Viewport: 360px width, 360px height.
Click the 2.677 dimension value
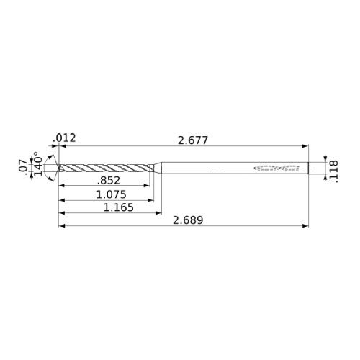[193, 140]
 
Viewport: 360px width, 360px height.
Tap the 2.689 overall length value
[188, 220]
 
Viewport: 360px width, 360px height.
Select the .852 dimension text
[109, 181]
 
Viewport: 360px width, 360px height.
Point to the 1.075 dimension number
[111, 194]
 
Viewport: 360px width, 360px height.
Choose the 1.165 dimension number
[118, 207]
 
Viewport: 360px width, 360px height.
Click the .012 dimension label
[64, 138]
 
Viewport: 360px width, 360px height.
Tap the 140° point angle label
[38, 163]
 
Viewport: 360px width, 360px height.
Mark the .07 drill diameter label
[22, 166]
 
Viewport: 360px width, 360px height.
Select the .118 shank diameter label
[334, 172]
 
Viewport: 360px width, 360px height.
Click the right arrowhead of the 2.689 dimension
[305, 226]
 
